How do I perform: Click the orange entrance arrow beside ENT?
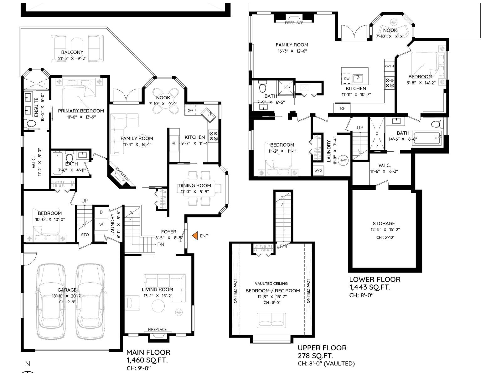(195, 236)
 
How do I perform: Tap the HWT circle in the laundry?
(343, 160)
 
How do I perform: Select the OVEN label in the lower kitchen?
(390, 66)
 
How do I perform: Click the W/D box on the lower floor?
(318, 170)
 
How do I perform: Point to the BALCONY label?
(72, 52)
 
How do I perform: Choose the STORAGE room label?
(384, 223)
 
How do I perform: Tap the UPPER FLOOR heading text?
(322, 348)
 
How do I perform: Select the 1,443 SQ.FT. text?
(370, 287)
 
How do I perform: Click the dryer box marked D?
(101, 212)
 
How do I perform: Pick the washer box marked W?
(101, 224)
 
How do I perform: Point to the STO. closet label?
(85, 235)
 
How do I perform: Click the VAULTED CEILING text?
(271, 284)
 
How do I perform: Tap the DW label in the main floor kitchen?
(190, 110)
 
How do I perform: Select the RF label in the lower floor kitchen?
(342, 108)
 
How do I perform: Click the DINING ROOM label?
(195, 185)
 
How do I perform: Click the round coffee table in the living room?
(158, 306)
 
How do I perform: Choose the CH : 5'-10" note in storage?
(385, 238)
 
